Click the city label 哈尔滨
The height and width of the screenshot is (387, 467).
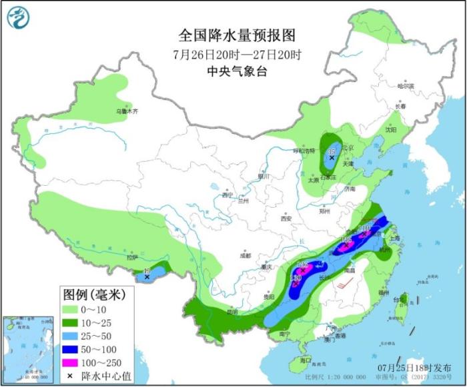(405, 85)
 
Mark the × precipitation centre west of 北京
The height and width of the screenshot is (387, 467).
(331, 157)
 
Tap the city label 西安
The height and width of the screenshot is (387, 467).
(287, 218)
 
